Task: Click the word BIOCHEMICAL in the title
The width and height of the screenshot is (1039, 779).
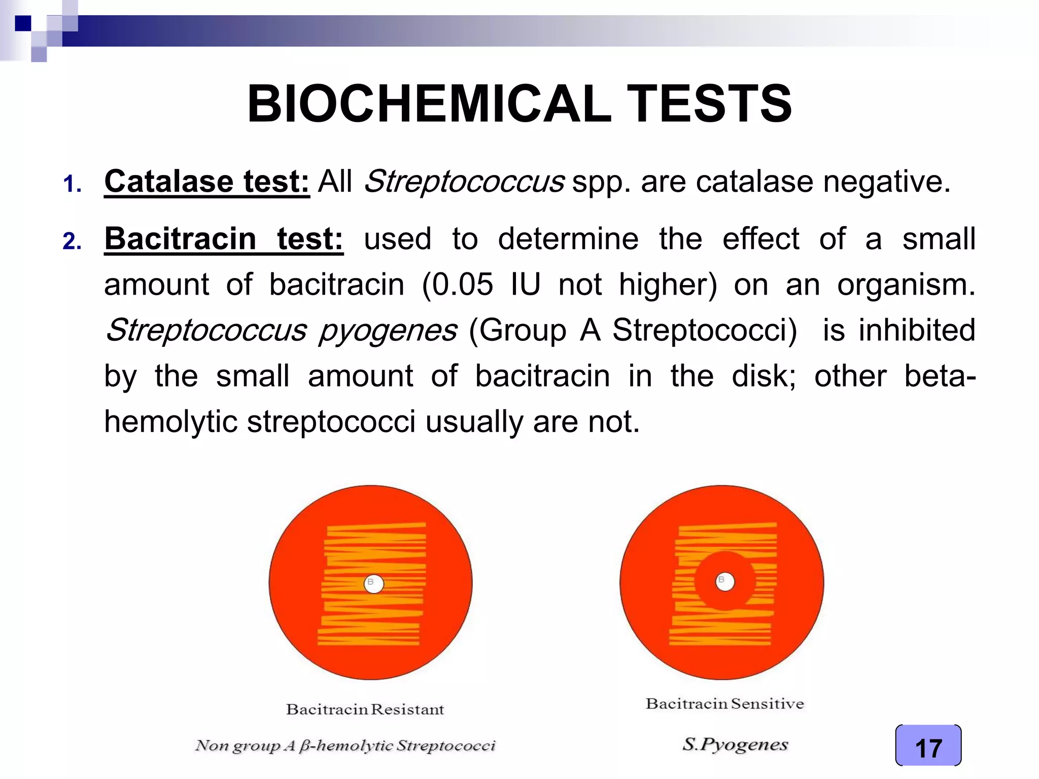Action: pos(429,104)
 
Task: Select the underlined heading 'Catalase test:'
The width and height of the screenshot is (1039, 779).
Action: pos(207,182)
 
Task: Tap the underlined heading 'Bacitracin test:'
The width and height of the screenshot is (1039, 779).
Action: pos(224,239)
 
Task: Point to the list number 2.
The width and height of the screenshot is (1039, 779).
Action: pos(72,241)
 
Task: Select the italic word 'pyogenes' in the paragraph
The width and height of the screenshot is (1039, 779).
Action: pos(388,330)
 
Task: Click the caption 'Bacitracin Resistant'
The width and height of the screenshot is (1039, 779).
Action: pos(365,709)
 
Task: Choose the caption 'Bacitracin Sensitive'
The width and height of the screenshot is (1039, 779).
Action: pos(724,703)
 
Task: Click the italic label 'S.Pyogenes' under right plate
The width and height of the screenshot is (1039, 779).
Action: pos(735,744)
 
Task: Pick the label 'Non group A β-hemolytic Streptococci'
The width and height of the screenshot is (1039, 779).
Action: pos(345,746)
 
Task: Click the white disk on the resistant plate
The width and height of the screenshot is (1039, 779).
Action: pos(374,584)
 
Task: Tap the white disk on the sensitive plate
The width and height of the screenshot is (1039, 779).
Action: pos(724,581)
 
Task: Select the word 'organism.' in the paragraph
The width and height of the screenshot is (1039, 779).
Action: pos(906,285)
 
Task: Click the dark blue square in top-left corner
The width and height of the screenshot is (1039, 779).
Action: pos(23,23)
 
